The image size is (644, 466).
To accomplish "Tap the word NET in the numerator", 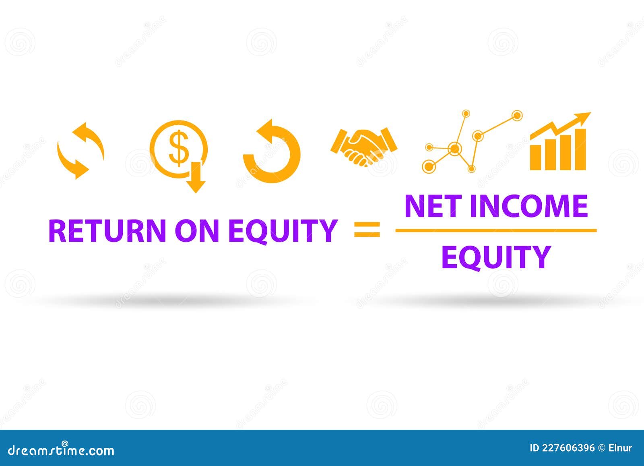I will pyautogui.click(x=433, y=206).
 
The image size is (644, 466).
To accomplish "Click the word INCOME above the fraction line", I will pyautogui.click(x=528, y=206).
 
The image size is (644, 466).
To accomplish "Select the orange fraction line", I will pyautogui.click(x=496, y=231).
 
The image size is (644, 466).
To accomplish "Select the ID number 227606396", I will pyautogui.click(x=568, y=448).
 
